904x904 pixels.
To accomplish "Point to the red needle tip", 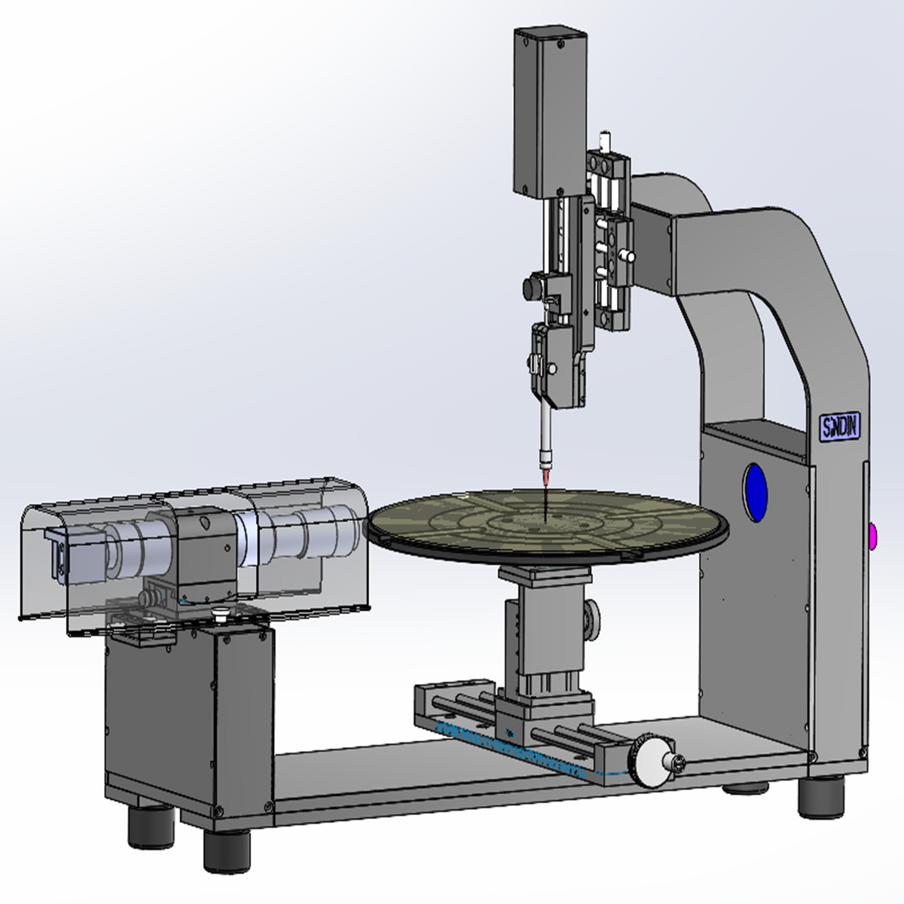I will pyautogui.click(x=545, y=479).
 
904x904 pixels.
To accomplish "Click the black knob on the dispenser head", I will pyautogui.click(x=536, y=287).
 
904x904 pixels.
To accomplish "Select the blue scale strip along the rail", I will pyautogui.click(x=512, y=750).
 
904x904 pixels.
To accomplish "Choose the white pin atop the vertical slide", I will pyautogui.click(x=603, y=141).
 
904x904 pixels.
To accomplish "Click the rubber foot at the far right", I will pyautogui.click(x=820, y=799).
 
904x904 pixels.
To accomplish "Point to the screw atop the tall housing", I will pyautogui.click(x=559, y=44).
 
